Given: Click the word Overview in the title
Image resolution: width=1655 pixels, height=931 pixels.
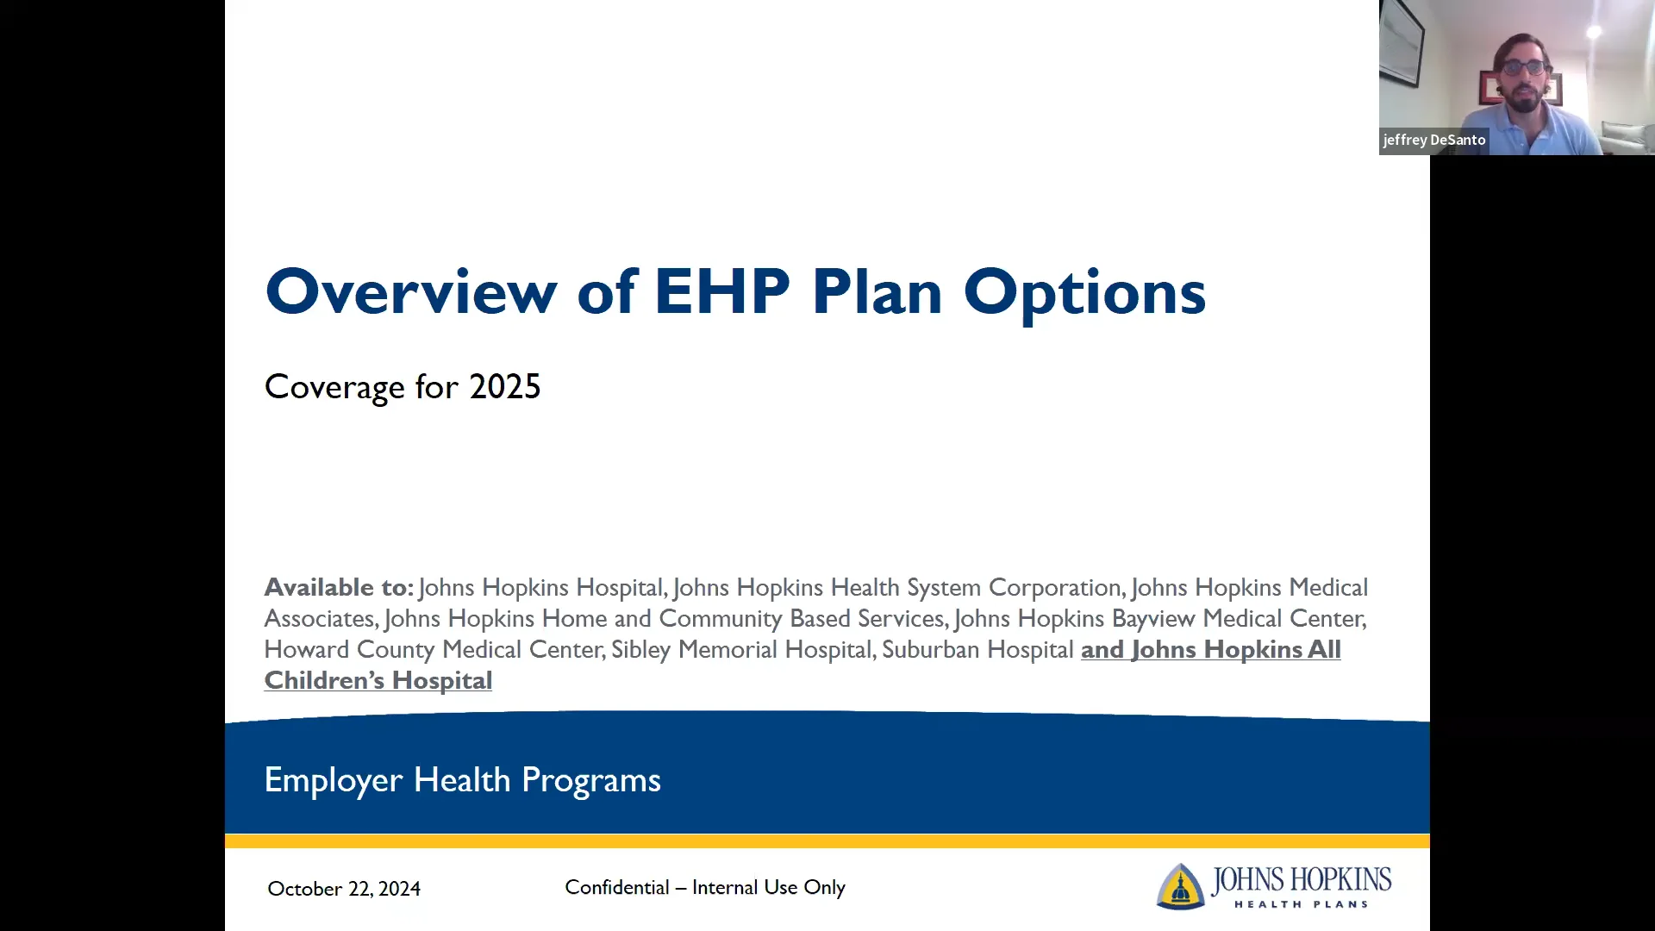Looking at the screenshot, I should point(411,292).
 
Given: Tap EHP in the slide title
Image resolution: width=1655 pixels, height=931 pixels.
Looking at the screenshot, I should point(721,292).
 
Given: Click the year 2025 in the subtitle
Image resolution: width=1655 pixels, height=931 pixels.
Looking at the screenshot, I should point(505,387).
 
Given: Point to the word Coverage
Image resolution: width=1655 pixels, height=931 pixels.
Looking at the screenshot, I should point(334,387).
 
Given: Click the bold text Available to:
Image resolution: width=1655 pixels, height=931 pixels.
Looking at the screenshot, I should point(339,588).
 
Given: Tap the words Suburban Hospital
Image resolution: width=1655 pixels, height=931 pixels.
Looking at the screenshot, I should point(977,650).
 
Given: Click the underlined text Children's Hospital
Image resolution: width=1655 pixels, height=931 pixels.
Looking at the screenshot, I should point(378,681).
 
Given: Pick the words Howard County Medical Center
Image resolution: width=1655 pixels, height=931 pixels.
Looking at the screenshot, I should point(434,650).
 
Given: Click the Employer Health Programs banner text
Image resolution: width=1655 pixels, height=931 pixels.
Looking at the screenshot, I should point(462,780).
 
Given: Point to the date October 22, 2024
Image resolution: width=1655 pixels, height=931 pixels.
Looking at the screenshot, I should point(344,889).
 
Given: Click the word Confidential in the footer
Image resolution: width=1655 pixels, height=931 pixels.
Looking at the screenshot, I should point(617,888).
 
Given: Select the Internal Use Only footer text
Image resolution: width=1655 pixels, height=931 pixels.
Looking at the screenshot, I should point(768,888).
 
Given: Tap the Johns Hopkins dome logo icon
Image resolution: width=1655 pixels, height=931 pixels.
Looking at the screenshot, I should point(1180,886).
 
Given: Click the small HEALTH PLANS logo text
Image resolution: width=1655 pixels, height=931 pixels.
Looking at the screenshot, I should point(1301,904).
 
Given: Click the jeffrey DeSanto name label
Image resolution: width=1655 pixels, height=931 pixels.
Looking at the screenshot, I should point(1434,140).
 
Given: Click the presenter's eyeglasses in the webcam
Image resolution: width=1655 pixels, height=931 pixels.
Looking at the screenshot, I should point(1524,66).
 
